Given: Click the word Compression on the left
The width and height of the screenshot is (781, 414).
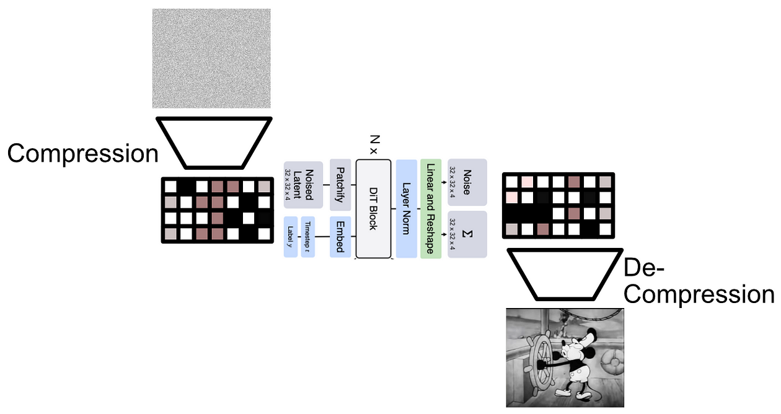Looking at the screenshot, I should (x=82, y=153).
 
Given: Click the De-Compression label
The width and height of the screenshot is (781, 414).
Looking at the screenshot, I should (x=699, y=281).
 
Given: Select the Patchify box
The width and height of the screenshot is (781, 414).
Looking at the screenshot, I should (x=340, y=184).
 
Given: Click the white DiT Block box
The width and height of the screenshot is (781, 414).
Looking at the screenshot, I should (x=373, y=209).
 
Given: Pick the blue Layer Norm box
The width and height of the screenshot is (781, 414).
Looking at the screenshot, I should (x=407, y=209).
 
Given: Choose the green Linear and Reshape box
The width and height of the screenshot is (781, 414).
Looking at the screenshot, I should (x=430, y=209).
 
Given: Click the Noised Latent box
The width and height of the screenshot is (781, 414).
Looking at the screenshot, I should (x=304, y=184).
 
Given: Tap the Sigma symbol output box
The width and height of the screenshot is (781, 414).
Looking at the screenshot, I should (x=467, y=234).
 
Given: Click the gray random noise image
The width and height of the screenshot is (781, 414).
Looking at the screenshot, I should (x=211, y=58).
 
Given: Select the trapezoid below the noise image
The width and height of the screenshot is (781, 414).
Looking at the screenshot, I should (x=214, y=142).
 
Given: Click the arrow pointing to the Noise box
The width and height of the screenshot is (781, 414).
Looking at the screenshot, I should (x=443, y=183).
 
